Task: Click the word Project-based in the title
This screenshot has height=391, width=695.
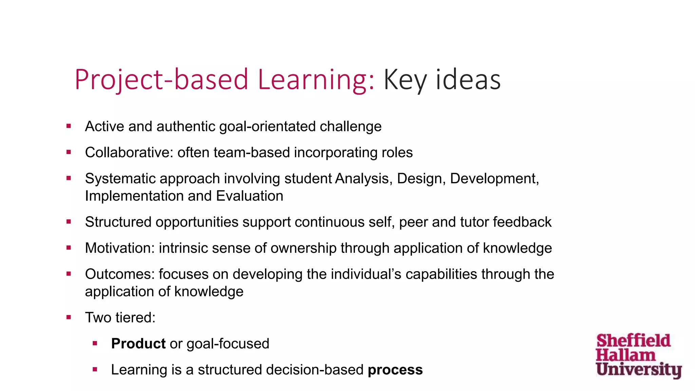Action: click(162, 80)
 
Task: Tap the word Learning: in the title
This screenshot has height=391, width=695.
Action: click(316, 80)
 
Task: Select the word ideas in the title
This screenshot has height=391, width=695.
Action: click(468, 80)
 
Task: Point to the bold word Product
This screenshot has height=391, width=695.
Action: click(138, 343)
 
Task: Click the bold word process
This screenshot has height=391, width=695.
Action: click(395, 370)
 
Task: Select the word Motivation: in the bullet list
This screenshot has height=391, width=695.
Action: click(120, 248)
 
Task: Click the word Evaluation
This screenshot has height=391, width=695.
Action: click(249, 196)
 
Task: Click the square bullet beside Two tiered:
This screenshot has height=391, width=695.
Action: click(69, 318)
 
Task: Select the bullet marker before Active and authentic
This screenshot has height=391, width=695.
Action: click(69, 126)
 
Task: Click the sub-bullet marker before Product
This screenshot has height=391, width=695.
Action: click(95, 343)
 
